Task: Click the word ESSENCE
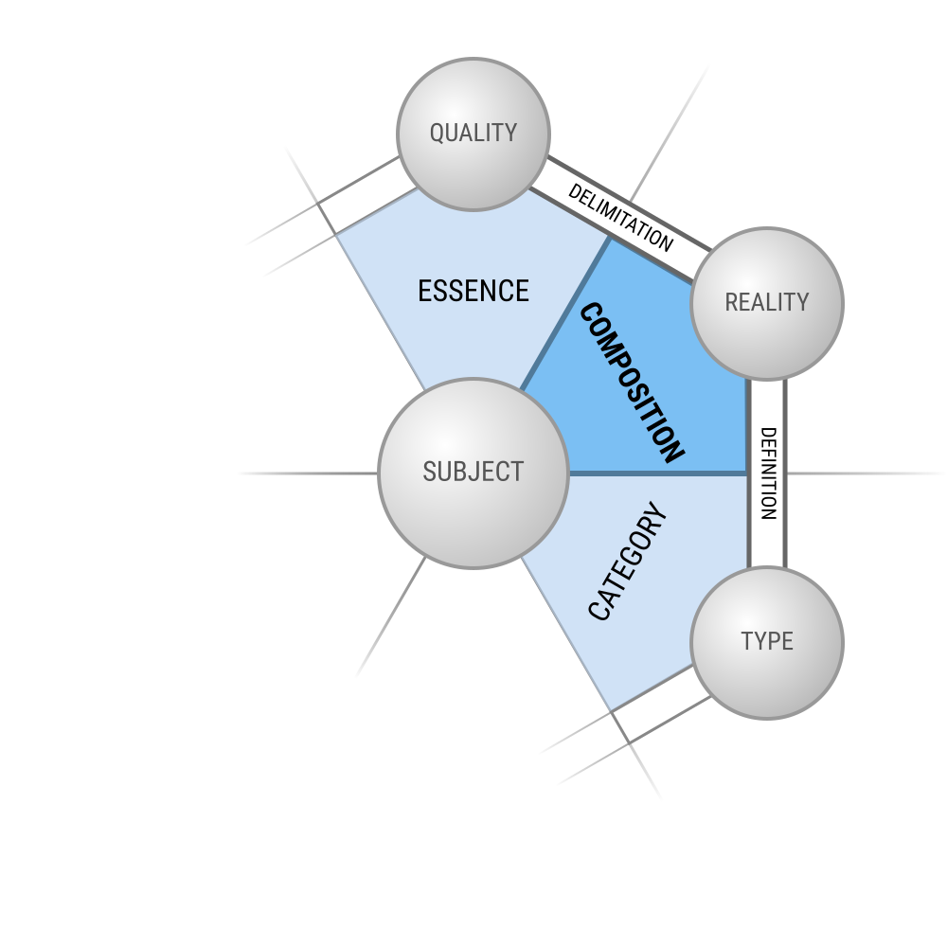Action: point(473,291)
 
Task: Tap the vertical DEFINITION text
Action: point(768,473)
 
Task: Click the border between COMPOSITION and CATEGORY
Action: point(658,473)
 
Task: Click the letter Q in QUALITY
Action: point(437,134)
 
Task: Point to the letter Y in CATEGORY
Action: point(657,518)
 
